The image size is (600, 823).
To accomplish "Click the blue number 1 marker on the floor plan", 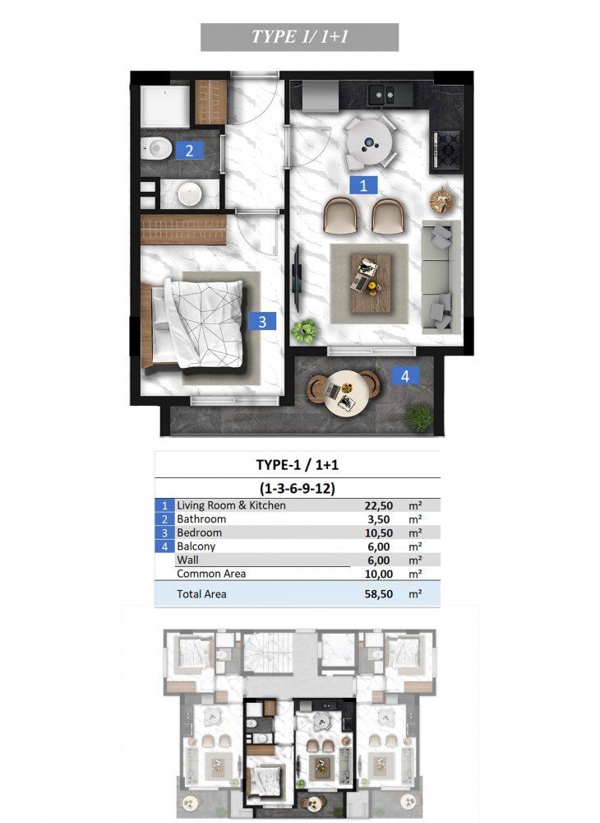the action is click(x=363, y=184).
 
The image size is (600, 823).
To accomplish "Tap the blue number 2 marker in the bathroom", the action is click(x=189, y=151).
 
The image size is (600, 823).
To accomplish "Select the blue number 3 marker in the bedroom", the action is click(x=262, y=321).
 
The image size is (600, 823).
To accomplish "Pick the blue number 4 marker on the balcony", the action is click(x=404, y=376).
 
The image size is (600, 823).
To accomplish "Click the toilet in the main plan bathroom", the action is click(x=156, y=148).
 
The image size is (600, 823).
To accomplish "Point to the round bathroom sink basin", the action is click(x=189, y=194).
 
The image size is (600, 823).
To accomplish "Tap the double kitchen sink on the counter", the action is click(x=382, y=95).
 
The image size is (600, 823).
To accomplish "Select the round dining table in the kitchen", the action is click(x=368, y=142).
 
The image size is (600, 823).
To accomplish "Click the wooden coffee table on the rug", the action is click(x=371, y=283).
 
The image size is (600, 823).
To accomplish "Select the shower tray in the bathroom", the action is click(x=164, y=106).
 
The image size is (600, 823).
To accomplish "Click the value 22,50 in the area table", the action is click(x=378, y=506).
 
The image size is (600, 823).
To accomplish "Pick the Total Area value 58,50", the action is click(x=378, y=594).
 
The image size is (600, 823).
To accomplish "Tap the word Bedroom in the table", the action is click(x=199, y=532).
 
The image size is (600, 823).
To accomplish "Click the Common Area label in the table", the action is click(x=211, y=574).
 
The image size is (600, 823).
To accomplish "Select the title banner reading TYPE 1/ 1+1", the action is click(x=300, y=37).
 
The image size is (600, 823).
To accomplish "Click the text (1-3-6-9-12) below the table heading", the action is click(x=297, y=489).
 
